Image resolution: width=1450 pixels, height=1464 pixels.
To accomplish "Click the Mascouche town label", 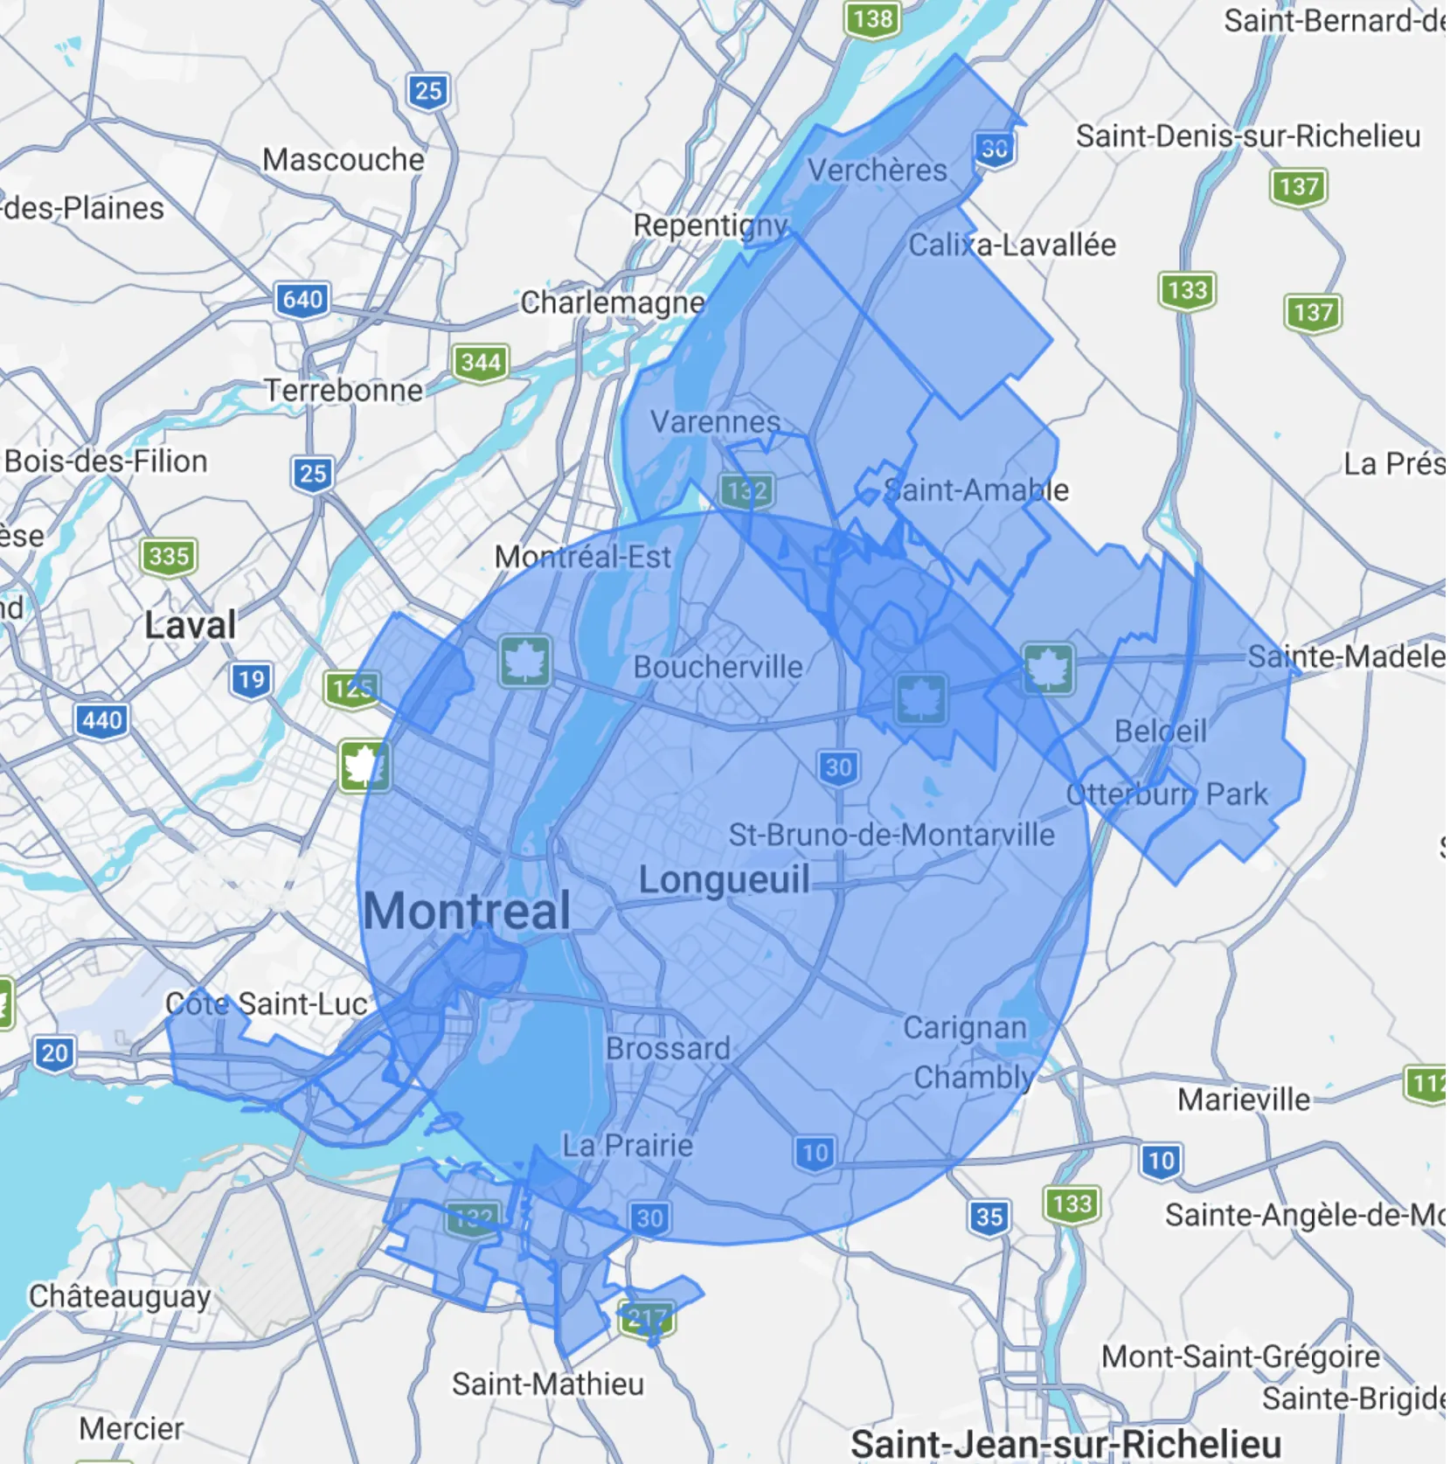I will coord(343,160).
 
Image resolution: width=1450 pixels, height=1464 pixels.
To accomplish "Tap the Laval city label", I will coord(190,625).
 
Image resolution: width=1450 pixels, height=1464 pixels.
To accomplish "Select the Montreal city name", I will coord(467,911).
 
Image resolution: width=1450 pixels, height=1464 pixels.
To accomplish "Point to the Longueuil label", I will coord(724,879).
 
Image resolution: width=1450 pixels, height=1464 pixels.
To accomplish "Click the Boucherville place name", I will coord(718,667).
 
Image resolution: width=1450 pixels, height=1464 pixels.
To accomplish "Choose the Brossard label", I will coord(668,1049).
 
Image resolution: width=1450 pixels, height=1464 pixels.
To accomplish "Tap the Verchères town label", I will coord(877,170).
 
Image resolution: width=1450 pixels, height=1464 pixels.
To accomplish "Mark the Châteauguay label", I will coord(120,1296).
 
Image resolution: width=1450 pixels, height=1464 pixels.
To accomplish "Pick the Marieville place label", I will coord(1244,1100).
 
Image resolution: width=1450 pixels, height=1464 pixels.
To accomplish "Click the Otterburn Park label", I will coord(1167,794).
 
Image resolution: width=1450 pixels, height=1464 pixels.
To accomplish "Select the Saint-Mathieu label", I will coord(548,1384).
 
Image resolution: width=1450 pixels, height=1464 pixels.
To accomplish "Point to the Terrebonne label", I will coord(343,390).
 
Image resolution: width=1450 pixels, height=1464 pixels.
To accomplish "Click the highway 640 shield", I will coord(302,300).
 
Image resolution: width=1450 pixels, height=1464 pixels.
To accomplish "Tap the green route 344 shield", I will coord(481,362).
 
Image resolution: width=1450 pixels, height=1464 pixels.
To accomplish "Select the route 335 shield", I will coord(169,556).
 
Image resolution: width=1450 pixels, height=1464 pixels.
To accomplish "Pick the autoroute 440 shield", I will coord(102,720).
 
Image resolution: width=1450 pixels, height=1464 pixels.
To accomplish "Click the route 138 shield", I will coord(873,18).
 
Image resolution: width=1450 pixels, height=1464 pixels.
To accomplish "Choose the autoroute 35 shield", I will coord(989,1217).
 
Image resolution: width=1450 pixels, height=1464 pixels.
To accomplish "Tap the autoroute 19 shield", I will coord(252,679).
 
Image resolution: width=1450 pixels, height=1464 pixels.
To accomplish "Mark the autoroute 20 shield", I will coord(54,1052).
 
